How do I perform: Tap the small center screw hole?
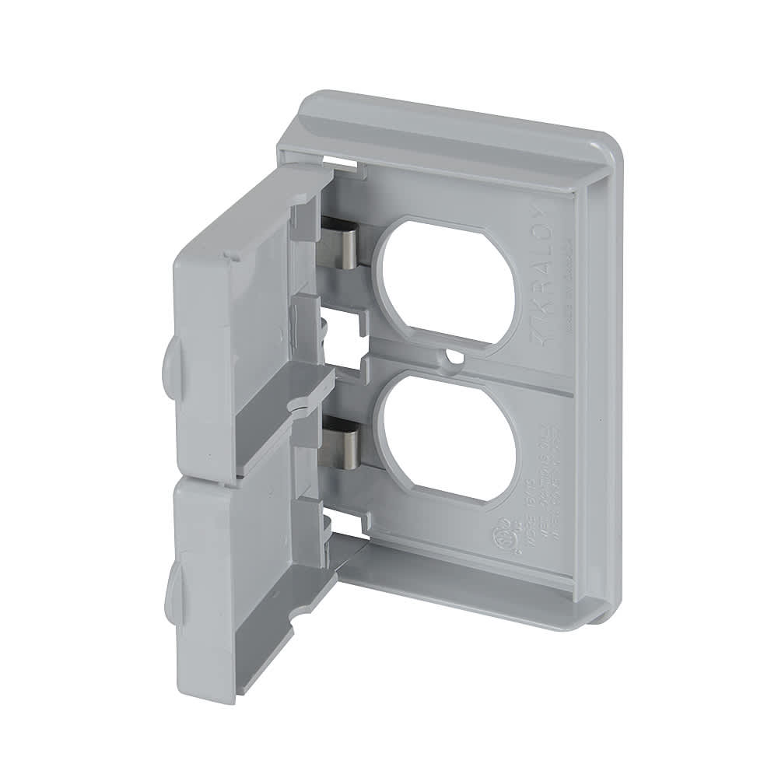451,359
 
